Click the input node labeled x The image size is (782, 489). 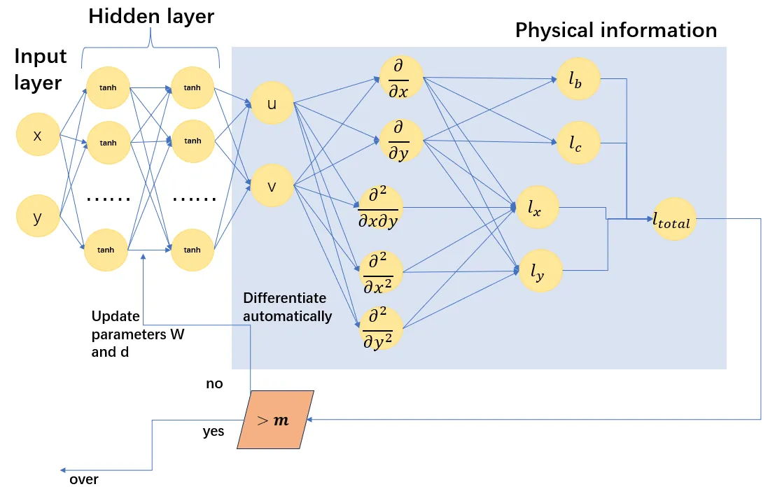[x=38, y=136]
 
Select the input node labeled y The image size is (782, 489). [x=38, y=218]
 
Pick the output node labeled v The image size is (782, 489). [x=272, y=185]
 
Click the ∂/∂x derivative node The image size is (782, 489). [x=401, y=77]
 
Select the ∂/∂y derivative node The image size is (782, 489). [x=401, y=141]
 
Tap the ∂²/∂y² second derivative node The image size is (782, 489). [x=381, y=327]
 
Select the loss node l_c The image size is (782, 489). [x=579, y=143]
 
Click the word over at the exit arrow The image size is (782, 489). [x=84, y=480]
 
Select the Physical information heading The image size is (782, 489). [x=616, y=30]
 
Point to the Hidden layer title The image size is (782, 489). [x=151, y=17]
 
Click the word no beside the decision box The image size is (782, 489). [x=214, y=384]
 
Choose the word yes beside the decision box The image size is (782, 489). [x=214, y=431]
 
